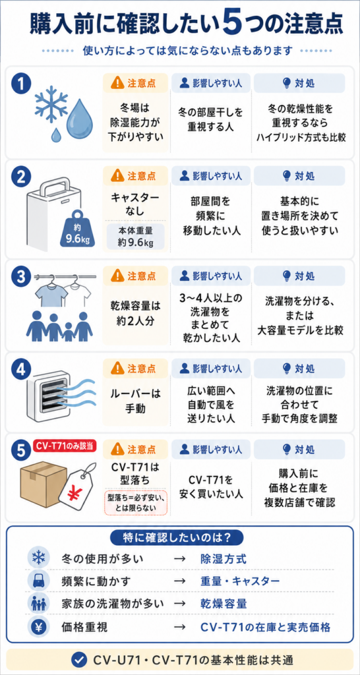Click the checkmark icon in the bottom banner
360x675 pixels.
pyautogui.click(x=78, y=659)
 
